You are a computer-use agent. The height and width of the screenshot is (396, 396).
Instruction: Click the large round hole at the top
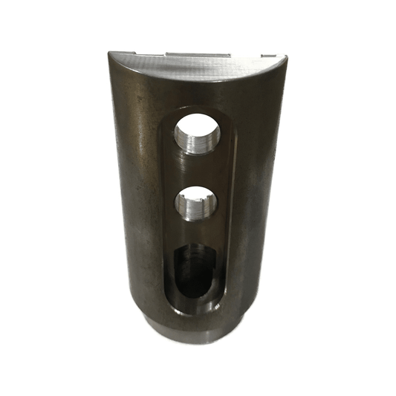pyautogui.click(x=197, y=135)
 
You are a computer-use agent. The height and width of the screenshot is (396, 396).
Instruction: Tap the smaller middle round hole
pyautogui.click(x=196, y=202)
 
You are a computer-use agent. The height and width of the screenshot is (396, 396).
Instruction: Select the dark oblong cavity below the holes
pyautogui.click(x=195, y=271)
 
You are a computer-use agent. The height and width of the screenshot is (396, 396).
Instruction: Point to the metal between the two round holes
pyautogui.click(x=197, y=169)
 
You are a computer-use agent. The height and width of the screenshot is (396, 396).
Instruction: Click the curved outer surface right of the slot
pyautogui.click(x=256, y=208)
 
